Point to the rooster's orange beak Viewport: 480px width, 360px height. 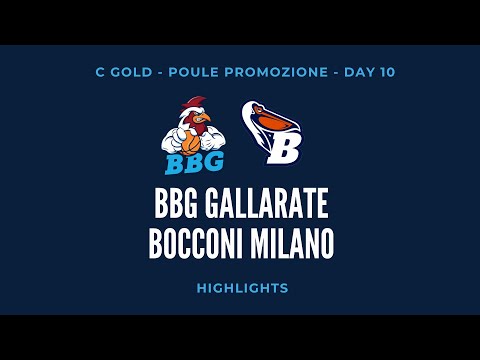[205, 120]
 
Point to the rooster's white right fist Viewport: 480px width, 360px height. [176, 141]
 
